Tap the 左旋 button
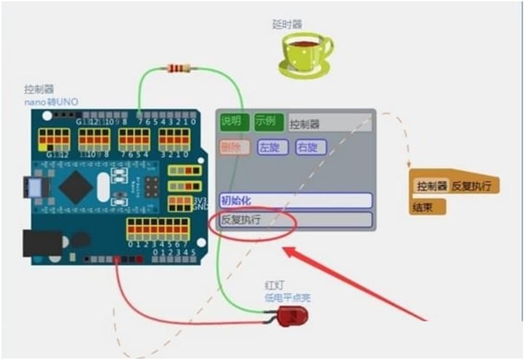pos(272,147)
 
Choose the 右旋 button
pos(311,147)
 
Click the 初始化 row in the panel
pos(295,201)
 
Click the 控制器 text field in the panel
pos(329,124)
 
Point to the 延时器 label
pos(287,24)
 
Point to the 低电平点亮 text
pos(288,298)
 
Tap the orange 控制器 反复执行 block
pos(457,185)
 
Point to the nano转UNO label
pos(51,101)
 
